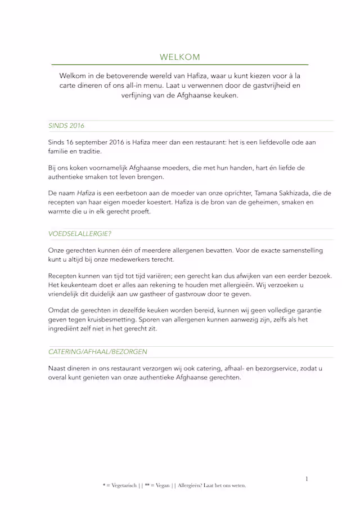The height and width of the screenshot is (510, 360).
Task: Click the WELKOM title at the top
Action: (179, 57)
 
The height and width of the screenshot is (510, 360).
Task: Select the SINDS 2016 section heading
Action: (66, 126)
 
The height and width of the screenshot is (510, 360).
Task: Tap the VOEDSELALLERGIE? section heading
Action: (79, 234)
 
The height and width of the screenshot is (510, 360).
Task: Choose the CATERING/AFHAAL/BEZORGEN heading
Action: (98, 352)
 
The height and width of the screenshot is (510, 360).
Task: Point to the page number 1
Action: (307, 479)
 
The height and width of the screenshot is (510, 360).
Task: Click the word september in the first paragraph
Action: (91, 142)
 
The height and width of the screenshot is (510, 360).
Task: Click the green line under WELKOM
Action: (179, 65)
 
